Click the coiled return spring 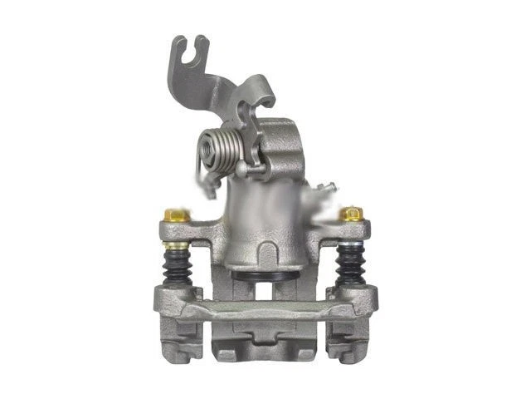[x=218, y=150]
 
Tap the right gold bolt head [x=353, y=214]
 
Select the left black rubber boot [x=177, y=266]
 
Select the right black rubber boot [x=352, y=266]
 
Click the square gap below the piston [x=264, y=291]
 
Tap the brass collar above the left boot [x=176, y=245]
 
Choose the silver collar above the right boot [x=352, y=245]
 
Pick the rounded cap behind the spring [x=278, y=137]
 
